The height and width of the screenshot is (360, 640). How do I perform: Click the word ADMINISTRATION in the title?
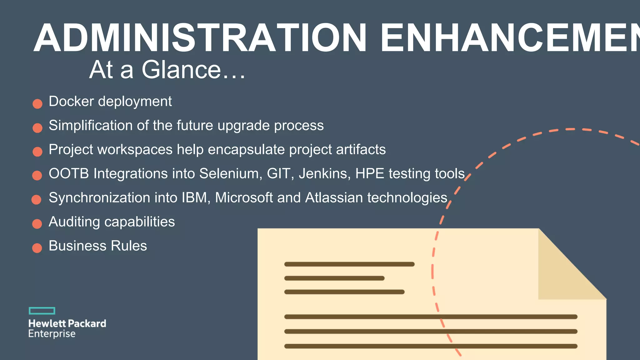click(x=200, y=38)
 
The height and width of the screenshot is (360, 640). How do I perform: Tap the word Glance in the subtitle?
click(x=181, y=69)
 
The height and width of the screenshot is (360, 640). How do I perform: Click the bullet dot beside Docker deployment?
click(x=37, y=104)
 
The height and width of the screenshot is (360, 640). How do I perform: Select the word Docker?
click(x=71, y=101)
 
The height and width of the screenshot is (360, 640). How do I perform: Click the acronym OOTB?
click(x=69, y=173)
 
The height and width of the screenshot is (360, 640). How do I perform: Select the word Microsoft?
click(x=244, y=197)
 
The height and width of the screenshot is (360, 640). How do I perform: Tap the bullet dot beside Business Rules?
click(x=37, y=248)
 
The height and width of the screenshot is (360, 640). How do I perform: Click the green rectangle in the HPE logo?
click(x=42, y=311)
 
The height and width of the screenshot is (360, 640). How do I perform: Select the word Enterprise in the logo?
click(x=52, y=334)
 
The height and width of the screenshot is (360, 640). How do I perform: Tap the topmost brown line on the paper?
click(x=349, y=264)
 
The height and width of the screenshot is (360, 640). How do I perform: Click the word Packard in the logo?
click(x=87, y=323)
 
